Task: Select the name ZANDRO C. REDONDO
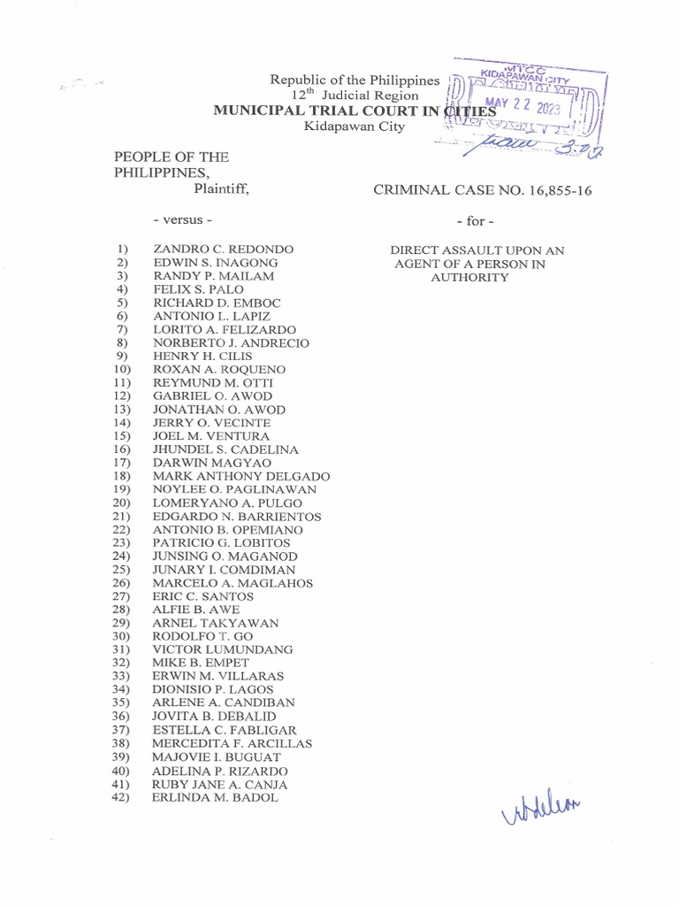tap(223, 250)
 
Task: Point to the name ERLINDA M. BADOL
tap(215, 797)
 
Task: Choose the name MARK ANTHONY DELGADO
tap(241, 476)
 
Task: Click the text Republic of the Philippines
tap(355, 81)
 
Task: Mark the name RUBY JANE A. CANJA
tap(219, 784)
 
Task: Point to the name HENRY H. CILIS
tap(202, 356)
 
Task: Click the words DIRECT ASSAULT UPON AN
tap(477, 250)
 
